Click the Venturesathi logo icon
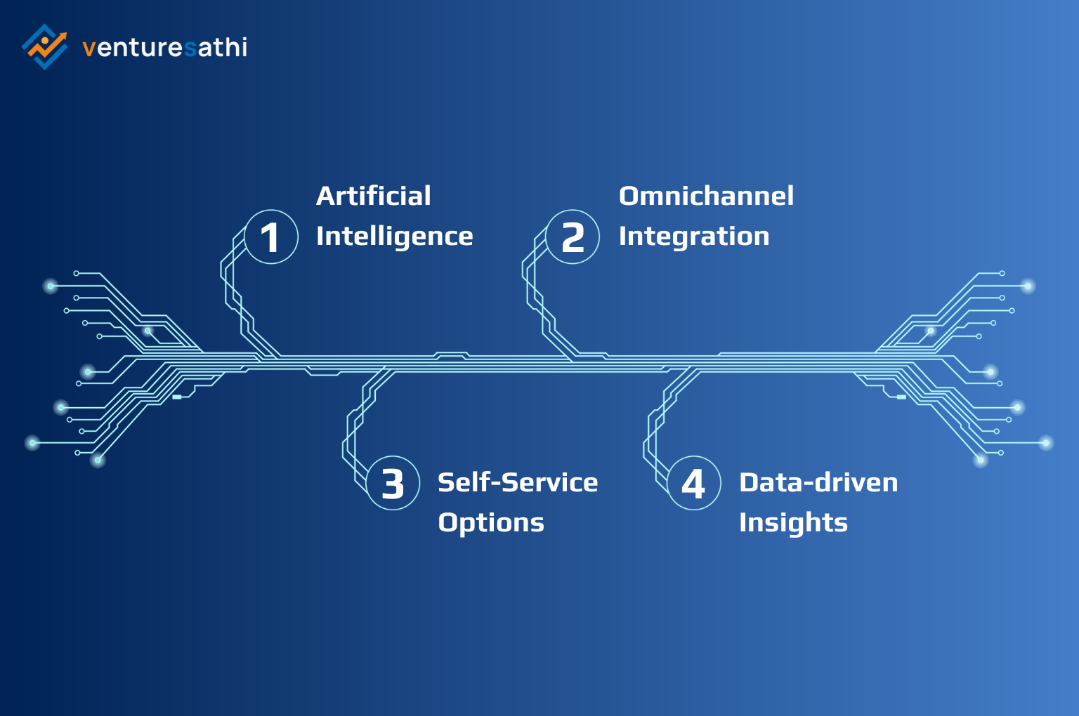(x=44, y=46)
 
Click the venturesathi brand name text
(x=164, y=48)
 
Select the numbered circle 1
(x=271, y=237)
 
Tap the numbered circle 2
(x=573, y=237)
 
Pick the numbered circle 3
(x=393, y=484)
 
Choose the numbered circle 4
(x=693, y=484)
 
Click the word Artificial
(x=373, y=196)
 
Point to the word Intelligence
(x=394, y=237)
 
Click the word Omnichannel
(x=706, y=196)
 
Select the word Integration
(x=693, y=237)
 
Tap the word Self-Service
(x=517, y=483)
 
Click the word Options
(x=490, y=523)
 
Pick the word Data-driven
(x=818, y=483)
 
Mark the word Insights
(x=793, y=523)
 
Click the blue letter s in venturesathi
(x=190, y=48)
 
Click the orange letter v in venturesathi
(x=89, y=48)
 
